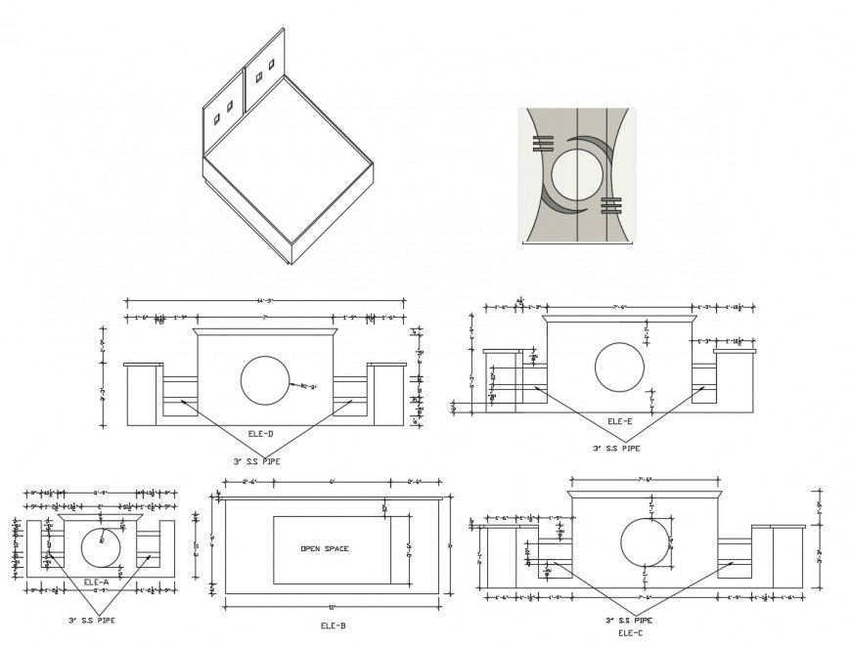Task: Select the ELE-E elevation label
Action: [620, 422]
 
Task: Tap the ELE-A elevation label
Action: [96, 583]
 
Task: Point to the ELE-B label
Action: [333, 626]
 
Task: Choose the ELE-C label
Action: [630, 633]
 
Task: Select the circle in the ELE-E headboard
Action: [619, 367]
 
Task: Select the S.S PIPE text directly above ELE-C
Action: [628, 620]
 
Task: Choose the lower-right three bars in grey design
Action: [611, 205]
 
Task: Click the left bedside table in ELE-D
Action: [144, 394]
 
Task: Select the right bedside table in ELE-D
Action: [385, 394]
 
